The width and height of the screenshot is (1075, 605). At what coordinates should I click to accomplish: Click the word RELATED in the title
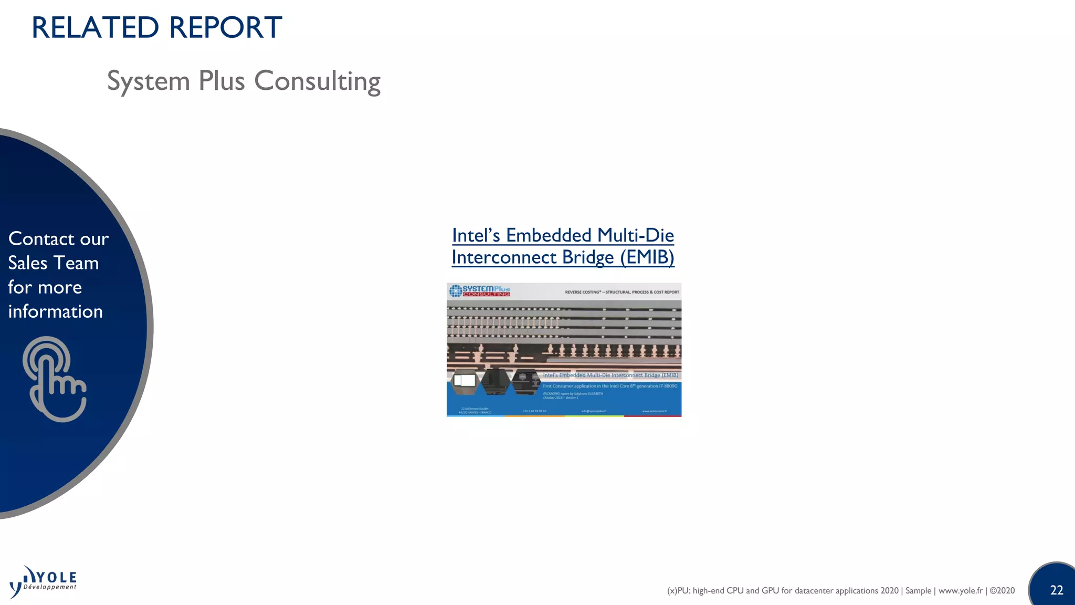tap(95, 28)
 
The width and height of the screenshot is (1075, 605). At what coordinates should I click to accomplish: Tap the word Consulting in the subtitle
tap(317, 81)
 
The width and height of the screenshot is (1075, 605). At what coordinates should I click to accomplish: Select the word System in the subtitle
tap(149, 81)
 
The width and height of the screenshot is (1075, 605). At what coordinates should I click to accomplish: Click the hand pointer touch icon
tap(54, 379)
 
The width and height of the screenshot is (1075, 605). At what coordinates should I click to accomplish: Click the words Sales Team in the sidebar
tap(53, 263)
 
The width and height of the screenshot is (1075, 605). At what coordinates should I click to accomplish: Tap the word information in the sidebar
tap(55, 311)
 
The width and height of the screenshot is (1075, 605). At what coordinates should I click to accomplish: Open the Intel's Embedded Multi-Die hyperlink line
tap(563, 235)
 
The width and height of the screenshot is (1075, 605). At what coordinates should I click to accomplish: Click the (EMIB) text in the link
tap(647, 257)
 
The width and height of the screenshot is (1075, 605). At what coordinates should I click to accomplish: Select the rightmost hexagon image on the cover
tap(525, 381)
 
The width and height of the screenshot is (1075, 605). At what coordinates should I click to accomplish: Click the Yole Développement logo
tap(44, 582)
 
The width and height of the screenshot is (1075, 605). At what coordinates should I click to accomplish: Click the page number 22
tap(1056, 590)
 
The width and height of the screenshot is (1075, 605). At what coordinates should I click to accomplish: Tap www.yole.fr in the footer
tap(960, 591)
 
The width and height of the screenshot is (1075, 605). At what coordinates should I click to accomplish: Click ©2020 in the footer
tap(1002, 591)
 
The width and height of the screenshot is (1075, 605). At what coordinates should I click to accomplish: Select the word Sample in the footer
tap(918, 591)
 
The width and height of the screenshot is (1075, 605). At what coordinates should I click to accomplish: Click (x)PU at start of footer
tap(678, 591)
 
